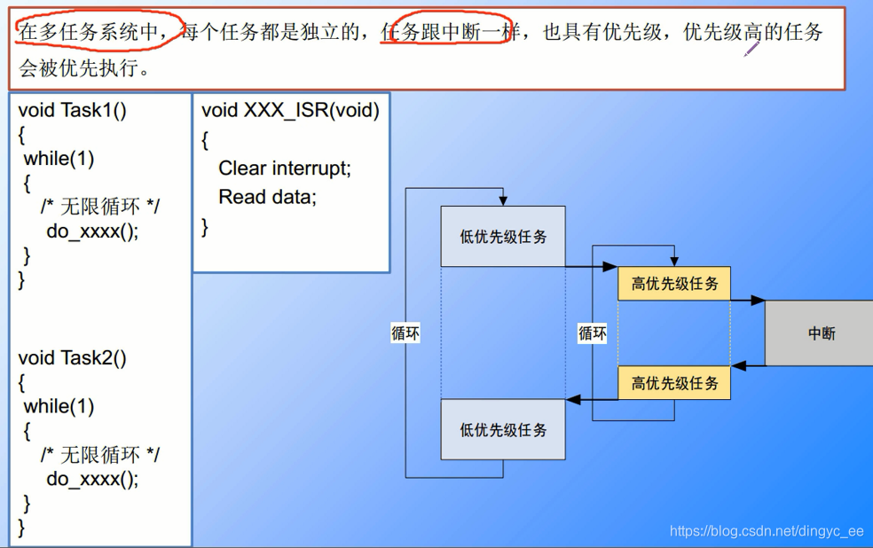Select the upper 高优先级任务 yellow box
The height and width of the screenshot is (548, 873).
pos(674,284)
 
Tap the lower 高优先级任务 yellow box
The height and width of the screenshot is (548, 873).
pos(674,383)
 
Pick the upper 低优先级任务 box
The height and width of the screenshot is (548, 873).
pos(503,237)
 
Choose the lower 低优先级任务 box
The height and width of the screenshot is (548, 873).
pos(503,430)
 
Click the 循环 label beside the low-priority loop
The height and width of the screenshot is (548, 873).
pos(405,333)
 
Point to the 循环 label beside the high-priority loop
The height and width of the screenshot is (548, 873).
pos(593,333)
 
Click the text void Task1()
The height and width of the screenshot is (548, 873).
pos(73,111)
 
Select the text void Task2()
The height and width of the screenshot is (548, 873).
pos(73,358)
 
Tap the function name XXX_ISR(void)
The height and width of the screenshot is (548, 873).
pos(311,110)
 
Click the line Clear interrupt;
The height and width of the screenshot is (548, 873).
pos(285,168)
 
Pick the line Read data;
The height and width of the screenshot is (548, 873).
pos(267,197)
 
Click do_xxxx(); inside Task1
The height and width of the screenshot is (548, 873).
pos(92,231)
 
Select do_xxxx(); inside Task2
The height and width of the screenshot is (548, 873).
pos(92,479)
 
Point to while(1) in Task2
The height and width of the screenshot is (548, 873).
pos(59,406)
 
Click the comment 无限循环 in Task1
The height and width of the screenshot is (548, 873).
pos(99,207)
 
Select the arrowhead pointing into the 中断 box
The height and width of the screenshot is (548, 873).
pos(759,301)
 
